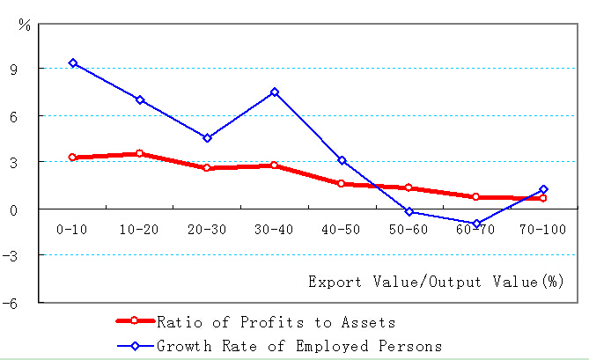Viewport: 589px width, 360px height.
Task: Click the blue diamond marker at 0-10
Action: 73,63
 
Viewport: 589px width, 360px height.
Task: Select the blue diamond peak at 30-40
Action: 275,92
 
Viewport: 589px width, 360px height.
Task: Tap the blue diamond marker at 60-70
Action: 476,224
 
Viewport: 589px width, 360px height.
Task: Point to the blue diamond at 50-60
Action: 409,211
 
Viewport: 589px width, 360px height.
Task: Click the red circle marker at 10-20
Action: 140,154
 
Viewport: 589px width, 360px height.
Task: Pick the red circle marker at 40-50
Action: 342,184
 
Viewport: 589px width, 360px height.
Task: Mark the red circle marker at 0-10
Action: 73,158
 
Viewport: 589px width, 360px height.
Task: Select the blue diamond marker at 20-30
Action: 208,138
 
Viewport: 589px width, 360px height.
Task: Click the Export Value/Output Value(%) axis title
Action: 436,282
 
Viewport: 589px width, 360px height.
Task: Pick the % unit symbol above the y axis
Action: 25,26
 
